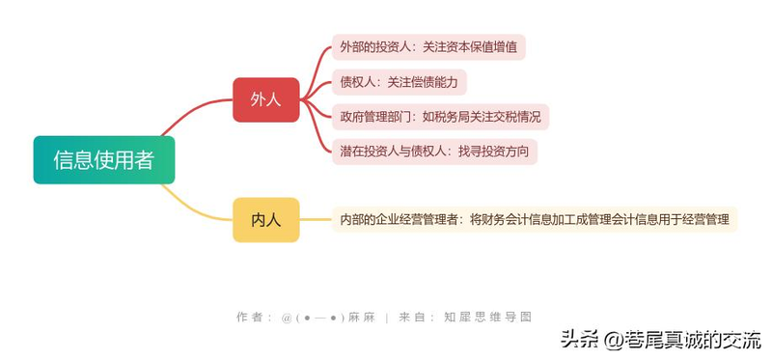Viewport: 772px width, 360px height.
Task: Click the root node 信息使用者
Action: coord(103,160)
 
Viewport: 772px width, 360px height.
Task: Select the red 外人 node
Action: coord(265,99)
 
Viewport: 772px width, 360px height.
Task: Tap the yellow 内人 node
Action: coord(265,220)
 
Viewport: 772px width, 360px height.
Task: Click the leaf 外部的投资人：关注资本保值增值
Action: coord(428,46)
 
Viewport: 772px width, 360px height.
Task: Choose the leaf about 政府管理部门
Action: coord(440,117)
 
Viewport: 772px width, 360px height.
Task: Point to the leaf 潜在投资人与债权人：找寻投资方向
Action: coord(434,152)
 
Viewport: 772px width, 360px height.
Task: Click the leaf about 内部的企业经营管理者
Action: coord(535,220)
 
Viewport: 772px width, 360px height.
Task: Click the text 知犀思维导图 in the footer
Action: coord(487,317)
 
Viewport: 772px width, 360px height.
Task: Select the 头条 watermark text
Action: coord(579,339)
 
